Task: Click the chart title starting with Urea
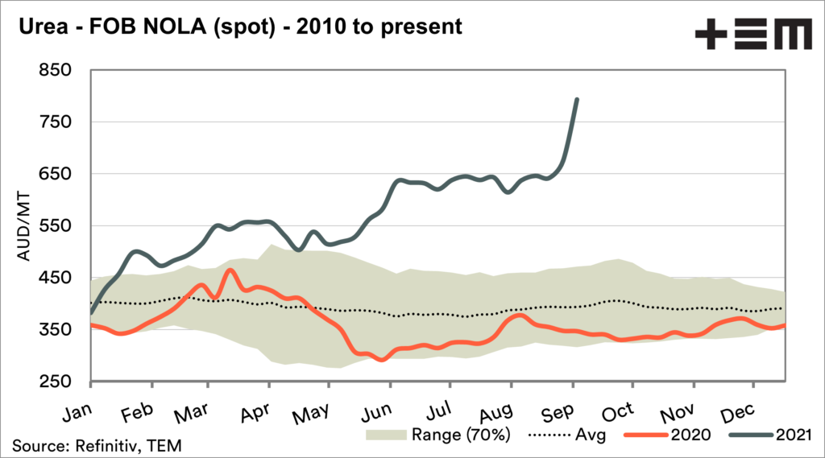[x=237, y=26]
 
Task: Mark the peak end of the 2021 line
[x=577, y=100]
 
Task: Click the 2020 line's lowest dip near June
[x=383, y=360]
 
